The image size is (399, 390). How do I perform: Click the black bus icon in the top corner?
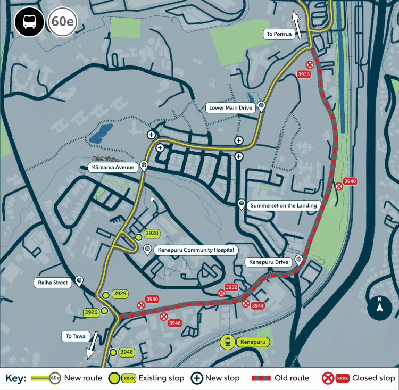tap(29, 22)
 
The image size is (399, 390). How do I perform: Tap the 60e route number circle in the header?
tap(62, 22)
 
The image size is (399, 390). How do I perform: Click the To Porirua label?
tap(279, 34)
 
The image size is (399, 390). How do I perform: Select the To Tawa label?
tap(76, 336)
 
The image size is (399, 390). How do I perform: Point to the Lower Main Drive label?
tap(230, 107)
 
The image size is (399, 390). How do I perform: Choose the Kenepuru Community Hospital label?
tap(195, 250)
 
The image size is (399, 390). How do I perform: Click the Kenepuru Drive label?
tap(268, 262)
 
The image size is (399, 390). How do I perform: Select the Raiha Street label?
tap(53, 283)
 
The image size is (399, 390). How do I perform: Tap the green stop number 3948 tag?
tap(126, 352)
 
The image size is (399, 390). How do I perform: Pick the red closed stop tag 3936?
tap(304, 74)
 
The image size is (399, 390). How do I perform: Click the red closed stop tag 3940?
tap(350, 181)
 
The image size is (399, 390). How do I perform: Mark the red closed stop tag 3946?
tap(174, 323)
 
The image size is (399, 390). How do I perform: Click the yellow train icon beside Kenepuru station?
tap(228, 342)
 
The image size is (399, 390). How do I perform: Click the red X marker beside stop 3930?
tap(141, 305)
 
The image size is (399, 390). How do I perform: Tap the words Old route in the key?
tap(292, 378)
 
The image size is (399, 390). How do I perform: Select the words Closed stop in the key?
tap(373, 378)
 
